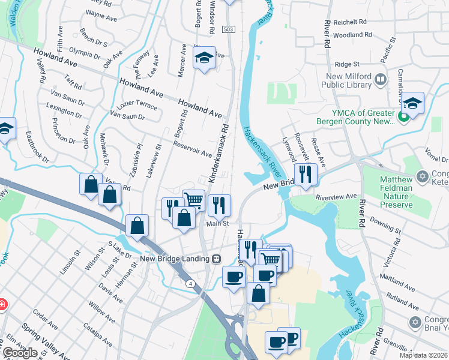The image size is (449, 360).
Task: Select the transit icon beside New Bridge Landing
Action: click(216, 259)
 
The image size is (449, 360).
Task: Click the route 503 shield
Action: click(228, 29)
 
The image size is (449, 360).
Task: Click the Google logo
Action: click(19, 353)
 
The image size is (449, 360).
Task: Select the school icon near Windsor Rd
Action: click(205, 59)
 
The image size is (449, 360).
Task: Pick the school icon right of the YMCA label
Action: click(412, 103)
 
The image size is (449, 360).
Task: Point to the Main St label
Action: click(218, 224)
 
